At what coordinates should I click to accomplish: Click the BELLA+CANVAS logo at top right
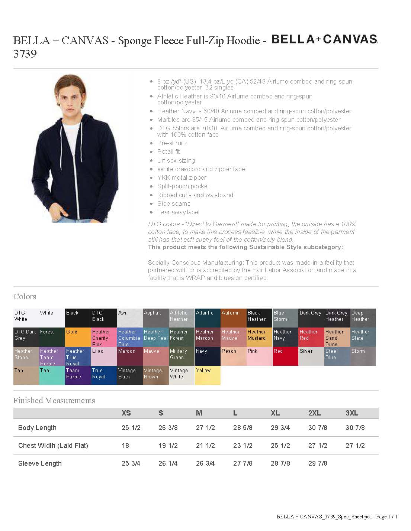(x=324, y=39)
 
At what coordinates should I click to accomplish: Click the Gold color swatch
(x=78, y=337)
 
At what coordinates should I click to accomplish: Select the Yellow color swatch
(x=208, y=375)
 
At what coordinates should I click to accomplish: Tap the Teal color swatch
(x=52, y=375)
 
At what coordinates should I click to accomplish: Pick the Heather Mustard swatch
(x=259, y=337)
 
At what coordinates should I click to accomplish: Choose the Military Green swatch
(x=182, y=356)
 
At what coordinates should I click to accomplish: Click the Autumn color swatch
(x=233, y=318)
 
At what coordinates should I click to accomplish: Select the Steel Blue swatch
(x=337, y=356)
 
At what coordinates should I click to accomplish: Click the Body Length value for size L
(x=243, y=428)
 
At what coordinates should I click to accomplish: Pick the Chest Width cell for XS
(x=125, y=446)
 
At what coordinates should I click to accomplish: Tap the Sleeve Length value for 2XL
(x=318, y=463)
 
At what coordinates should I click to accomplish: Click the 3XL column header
(x=352, y=413)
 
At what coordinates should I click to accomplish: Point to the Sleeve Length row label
(x=40, y=463)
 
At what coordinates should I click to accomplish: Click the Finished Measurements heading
(x=54, y=401)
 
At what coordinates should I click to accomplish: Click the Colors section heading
(x=25, y=297)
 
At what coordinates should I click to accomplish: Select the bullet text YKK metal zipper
(x=182, y=178)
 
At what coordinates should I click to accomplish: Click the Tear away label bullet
(x=178, y=212)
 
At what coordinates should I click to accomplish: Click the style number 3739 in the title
(x=25, y=54)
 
